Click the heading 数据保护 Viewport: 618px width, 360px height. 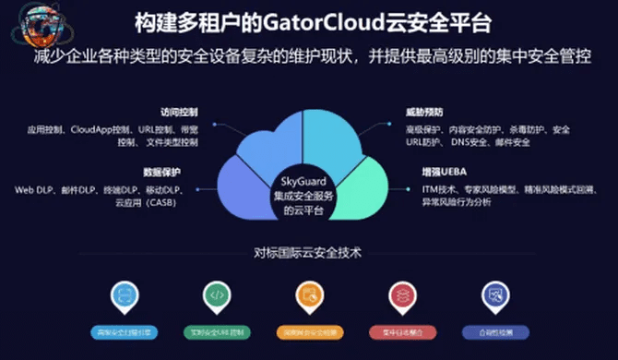point(161,174)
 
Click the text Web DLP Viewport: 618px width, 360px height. point(32,190)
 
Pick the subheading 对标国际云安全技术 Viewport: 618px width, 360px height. point(308,252)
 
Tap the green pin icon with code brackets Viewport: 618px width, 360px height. point(215,296)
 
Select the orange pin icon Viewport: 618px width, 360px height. point(308,296)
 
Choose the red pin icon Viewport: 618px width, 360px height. point(402,296)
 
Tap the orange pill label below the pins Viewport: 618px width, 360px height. point(308,330)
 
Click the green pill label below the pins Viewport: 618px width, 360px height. point(215,330)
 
